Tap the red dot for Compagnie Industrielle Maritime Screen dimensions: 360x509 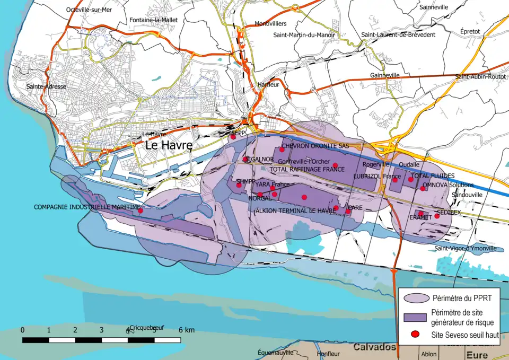141,211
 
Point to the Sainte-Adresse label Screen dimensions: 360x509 47,86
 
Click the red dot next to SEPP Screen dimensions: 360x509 233,137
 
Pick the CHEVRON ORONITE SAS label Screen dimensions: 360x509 315,146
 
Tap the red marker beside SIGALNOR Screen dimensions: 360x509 245,159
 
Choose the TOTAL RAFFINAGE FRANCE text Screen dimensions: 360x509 308,170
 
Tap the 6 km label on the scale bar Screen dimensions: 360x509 187,330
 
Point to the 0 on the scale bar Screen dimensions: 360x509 22,330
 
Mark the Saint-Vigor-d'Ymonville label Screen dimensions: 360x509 465,248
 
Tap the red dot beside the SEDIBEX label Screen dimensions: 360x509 437,216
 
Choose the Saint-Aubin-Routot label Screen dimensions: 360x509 480,77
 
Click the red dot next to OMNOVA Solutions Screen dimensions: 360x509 423,188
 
